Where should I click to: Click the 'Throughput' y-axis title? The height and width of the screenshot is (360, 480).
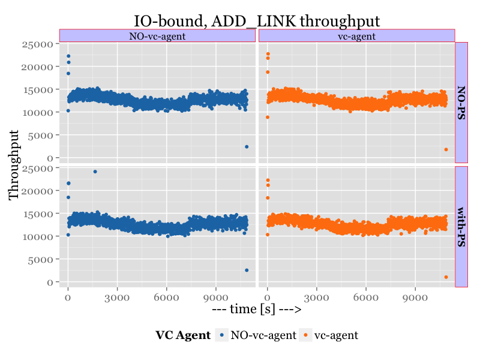(14, 165)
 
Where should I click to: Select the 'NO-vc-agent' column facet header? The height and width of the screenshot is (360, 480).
(157, 36)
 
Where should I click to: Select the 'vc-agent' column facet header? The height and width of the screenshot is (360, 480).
(356, 36)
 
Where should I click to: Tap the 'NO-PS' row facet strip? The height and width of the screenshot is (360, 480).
(461, 102)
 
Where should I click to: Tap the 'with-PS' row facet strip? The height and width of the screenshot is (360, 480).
(461, 227)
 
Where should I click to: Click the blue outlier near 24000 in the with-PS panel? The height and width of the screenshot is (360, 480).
(95, 172)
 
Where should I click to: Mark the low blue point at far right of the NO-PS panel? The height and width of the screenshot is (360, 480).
(246, 146)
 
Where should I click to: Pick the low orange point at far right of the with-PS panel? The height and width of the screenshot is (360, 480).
(446, 277)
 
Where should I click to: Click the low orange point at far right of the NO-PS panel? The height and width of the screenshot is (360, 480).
(446, 149)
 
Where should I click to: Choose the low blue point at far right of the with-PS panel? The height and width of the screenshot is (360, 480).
(246, 270)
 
